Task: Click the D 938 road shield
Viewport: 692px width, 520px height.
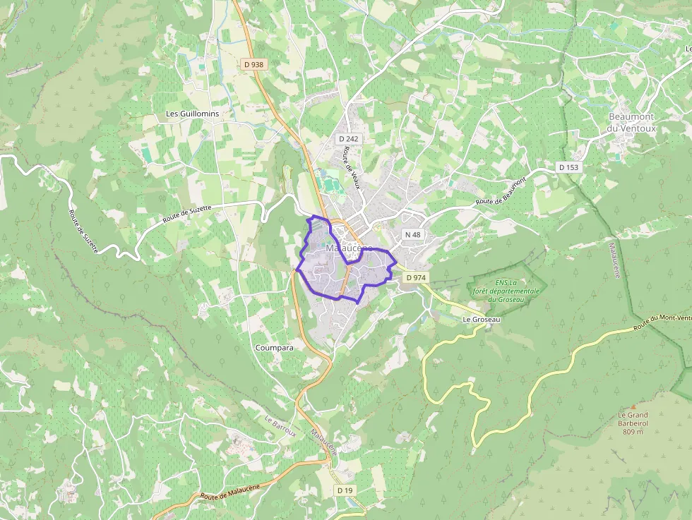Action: coord(253,64)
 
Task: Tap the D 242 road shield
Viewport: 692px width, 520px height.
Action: coord(348,139)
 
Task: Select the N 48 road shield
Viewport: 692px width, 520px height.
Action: coord(412,234)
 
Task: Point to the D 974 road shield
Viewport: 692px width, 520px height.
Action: coord(416,278)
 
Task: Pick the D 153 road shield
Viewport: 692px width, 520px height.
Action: coord(568,167)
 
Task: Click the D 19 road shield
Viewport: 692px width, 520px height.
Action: coord(345,490)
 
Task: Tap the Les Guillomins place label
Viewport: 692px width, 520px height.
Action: coord(193,114)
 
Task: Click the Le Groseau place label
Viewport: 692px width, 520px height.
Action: coord(481,320)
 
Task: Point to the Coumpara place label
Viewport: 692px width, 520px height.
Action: coord(275,348)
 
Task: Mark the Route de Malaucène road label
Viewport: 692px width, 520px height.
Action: coord(230,492)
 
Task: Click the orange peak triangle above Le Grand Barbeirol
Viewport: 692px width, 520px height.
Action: coord(633,406)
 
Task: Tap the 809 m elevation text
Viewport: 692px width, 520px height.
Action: coord(633,432)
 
